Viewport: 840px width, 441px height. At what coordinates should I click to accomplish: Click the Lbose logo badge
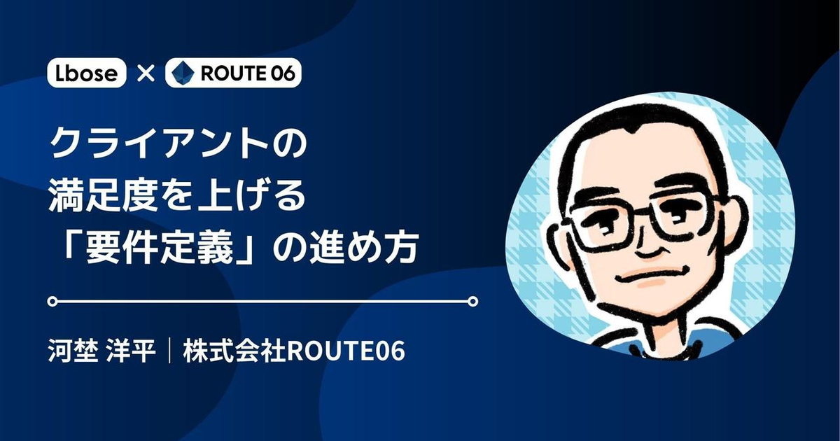click(x=87, y=73)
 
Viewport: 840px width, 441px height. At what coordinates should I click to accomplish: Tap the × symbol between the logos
click(x=146, y=73)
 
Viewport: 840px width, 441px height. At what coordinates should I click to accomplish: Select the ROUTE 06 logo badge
click(x=233, y=73)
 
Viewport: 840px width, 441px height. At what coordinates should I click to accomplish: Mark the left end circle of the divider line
click(x=51, y=302)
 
